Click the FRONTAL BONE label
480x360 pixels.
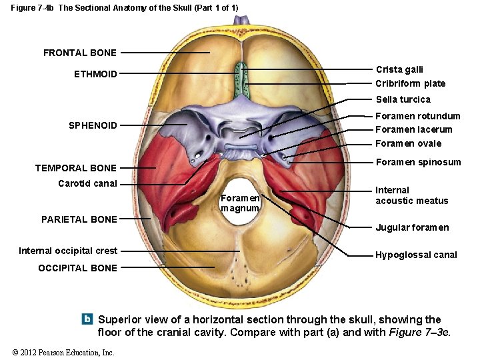pos(79,53)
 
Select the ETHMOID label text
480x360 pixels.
pos(95,74)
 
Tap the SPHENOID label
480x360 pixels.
pos(93,125)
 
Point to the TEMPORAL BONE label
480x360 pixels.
pos(75,168)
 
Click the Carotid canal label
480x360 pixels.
pos(87,183)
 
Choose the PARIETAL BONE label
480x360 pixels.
pos(79,219)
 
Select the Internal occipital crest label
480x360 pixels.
pos(68,251)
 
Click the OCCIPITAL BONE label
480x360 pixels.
pos(77,268)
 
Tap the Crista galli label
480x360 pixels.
pos(399,69)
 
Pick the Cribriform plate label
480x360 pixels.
pos(410,83)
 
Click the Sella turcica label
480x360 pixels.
pos(403,99)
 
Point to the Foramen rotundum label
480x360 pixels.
pos(417,116)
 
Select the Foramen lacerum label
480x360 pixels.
pos(413,129)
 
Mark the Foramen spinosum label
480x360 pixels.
pos(418,162)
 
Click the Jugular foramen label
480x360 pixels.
pos(412,227)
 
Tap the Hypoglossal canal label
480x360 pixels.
pos(416,255)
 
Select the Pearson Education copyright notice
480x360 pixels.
pos(63,352)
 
